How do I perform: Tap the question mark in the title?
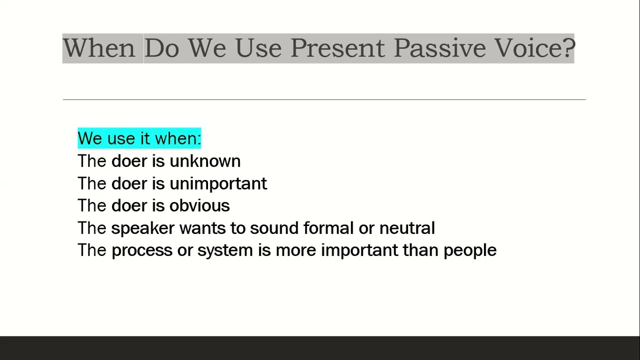coord(568,48)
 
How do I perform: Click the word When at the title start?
coord(98,48)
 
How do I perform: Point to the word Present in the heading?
coord(337,48)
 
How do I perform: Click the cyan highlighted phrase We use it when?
coord(139,138)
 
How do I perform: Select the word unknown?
coord(205,161)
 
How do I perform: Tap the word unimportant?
coord(218,183)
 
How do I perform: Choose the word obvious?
coord(199,205)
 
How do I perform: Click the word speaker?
coord(142,228)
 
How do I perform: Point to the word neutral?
coord(407,228)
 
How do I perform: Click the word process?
coord(141,250)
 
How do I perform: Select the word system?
coord(225,250)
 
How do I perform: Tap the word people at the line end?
coord(470,250)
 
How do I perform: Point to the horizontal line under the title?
coord(324,99)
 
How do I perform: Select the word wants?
coord(202,228)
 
